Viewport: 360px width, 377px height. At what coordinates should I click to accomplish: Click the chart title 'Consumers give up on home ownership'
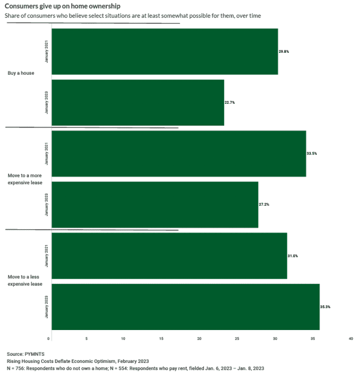tap(63, 6)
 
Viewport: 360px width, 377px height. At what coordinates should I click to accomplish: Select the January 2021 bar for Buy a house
tap(165, 51)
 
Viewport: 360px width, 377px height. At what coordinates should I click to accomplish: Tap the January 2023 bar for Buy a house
tap(138, 102)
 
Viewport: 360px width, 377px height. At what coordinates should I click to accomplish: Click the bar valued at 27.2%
tap(155, 204)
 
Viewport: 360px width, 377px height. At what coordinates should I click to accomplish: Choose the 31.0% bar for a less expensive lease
tap(169, 255)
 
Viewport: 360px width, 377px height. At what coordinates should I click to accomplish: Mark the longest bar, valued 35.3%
tap(185, 306)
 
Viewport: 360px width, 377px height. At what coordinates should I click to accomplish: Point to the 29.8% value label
tap(284, 51)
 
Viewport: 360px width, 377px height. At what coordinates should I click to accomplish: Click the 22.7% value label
tap(230, 102)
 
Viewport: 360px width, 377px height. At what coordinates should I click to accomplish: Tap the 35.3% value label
tap(325, 306)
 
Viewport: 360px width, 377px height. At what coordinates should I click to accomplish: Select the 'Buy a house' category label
tap(21, 73)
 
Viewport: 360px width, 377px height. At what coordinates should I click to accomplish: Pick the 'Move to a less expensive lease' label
tap(25, 280)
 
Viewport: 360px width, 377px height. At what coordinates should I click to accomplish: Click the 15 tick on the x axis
tap(161, 338)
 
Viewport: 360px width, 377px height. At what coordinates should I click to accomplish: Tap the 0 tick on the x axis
tap(49, 338)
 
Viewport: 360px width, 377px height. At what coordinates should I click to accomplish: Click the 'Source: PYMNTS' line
tap(26, 354)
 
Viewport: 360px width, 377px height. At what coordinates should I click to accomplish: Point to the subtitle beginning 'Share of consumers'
tap(133, 16)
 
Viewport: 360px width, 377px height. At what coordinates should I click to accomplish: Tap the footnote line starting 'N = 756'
tap(135, 369)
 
